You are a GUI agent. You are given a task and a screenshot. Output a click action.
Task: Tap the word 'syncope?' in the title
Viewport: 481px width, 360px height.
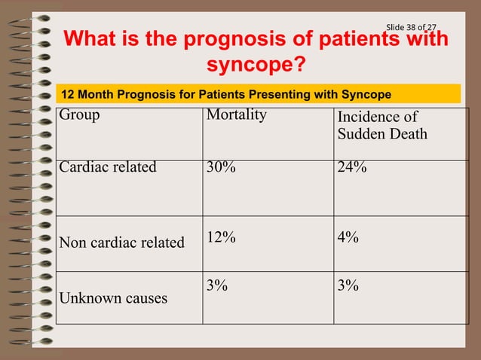(x=256, y=66)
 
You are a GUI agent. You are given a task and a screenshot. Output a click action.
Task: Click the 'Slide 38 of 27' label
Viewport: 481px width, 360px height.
(x=411, y=28)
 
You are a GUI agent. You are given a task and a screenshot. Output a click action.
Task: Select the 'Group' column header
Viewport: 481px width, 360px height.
(x=79, y=115)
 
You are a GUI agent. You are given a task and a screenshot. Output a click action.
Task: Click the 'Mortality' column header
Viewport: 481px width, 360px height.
(x=236, y=115)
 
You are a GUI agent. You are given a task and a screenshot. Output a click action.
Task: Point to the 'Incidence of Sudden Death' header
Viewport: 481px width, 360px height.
(x=382, y=126)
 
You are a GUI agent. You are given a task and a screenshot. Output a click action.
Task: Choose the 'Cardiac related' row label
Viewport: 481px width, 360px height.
(x=108, y=167)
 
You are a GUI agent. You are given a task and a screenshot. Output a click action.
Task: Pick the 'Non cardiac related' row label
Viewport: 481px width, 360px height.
(x=122, y=243)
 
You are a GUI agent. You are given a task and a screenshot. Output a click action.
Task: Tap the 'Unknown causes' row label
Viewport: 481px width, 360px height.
(x=113, y=298)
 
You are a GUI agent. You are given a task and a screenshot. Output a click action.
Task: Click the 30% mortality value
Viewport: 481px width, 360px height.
(x=221, y=167)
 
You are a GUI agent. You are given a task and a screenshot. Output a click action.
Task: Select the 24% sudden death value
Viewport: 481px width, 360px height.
(x=352, y=167)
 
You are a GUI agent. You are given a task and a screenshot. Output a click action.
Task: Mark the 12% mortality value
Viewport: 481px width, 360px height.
(x=221, y=237)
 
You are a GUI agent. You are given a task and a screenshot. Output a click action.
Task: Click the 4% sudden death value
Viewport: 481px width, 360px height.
(x=348, y=237)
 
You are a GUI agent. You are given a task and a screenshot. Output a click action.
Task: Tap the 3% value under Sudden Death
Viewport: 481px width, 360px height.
(x=348, y=285)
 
